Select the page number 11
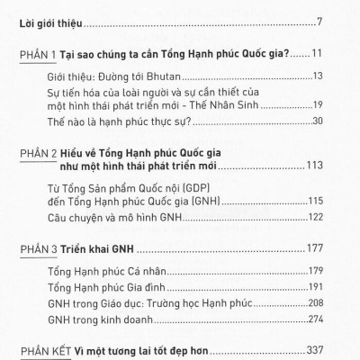click(328, 54)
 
